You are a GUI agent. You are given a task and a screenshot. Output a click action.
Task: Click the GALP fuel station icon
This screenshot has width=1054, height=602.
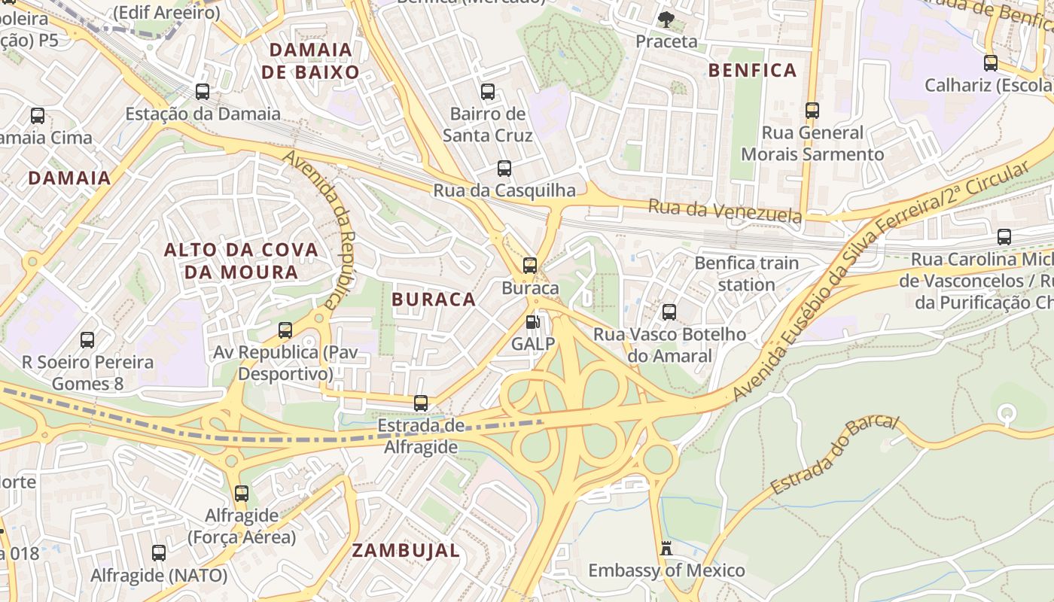pos(532,323)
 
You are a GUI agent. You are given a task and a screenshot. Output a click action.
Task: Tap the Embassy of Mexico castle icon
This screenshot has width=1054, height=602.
pos(666,549)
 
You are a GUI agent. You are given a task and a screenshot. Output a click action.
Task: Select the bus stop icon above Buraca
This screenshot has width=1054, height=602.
pos(530,266)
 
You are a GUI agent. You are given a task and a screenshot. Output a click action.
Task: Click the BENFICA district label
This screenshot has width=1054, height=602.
pos(752,71)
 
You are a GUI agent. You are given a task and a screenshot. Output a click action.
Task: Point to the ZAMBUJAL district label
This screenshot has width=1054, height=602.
pos(406,551)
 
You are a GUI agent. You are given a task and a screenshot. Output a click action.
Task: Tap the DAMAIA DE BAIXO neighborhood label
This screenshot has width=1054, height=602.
pos(310,61)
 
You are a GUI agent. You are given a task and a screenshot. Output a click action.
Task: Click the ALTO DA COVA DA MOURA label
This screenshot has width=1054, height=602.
pos(241,260)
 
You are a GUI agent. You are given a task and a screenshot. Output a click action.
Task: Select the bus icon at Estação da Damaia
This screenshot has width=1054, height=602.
pos(203,92)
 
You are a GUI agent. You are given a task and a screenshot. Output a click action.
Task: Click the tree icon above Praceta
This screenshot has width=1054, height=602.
pos(666,19)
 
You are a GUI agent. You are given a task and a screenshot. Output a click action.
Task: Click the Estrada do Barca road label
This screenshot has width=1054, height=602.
pos(835,455)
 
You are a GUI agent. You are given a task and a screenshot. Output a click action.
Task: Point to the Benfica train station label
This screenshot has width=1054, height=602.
pos(746,273)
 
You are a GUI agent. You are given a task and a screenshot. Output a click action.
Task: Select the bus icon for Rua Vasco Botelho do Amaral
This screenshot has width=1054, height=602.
pos(669,312)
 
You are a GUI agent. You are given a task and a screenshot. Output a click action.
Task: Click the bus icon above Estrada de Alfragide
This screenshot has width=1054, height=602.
pos(421,403)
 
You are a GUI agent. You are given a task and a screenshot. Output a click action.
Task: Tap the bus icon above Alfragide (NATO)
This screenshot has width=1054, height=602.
pos(159,553)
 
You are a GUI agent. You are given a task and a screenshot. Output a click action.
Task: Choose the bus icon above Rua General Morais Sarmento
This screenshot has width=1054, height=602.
pos(812,111)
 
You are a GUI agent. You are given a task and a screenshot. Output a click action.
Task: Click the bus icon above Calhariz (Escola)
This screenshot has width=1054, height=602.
pos(991,63)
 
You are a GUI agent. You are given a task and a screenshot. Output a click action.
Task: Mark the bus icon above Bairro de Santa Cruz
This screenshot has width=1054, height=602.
pos(488,92)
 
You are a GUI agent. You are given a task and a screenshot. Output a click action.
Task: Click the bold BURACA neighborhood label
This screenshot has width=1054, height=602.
pos(434,299)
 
